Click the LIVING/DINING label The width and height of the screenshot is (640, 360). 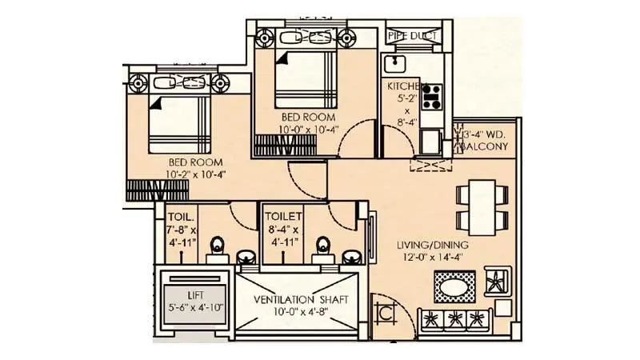coord(436,244)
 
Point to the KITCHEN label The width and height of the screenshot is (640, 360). coord(403,86)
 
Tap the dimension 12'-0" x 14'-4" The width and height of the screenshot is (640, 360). coord(436,258)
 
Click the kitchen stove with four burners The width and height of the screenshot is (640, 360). coord(433,95)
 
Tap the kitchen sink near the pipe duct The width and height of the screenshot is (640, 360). coord(395,62)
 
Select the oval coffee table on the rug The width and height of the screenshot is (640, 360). coord(454,284)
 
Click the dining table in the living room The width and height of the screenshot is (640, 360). coord(481,206)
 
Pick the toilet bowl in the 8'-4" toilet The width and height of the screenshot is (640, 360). coord(323,245)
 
